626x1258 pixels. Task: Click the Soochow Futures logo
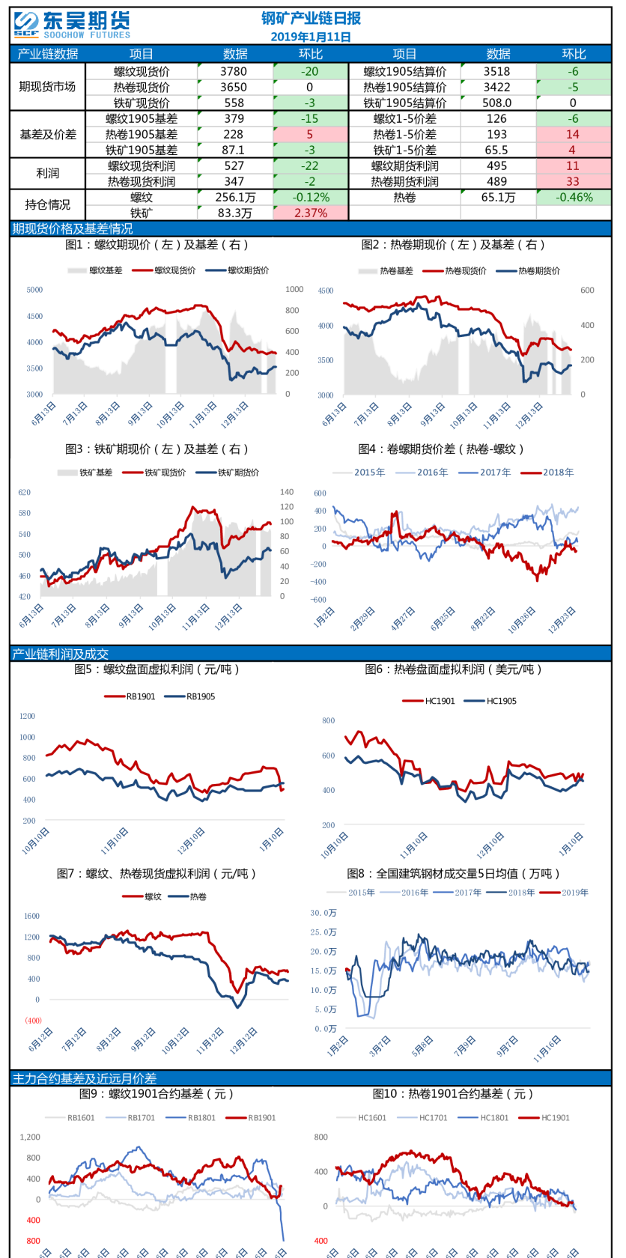click(72, 25)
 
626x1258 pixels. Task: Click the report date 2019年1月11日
click(311, 37)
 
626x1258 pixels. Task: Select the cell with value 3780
click(234, 71)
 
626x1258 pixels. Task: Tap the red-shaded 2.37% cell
click(311, 213)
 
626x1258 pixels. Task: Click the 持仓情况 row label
click(47, 204)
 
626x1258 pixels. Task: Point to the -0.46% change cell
click(574, 198)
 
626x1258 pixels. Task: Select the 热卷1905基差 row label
click(142, 134)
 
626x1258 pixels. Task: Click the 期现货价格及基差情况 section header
click(72, 228)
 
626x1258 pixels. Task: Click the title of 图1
click(156, 245)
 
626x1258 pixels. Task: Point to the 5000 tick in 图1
click(34, 290)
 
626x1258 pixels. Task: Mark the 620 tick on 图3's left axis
click(25, 493)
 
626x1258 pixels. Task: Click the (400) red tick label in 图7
click(33, 1021)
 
